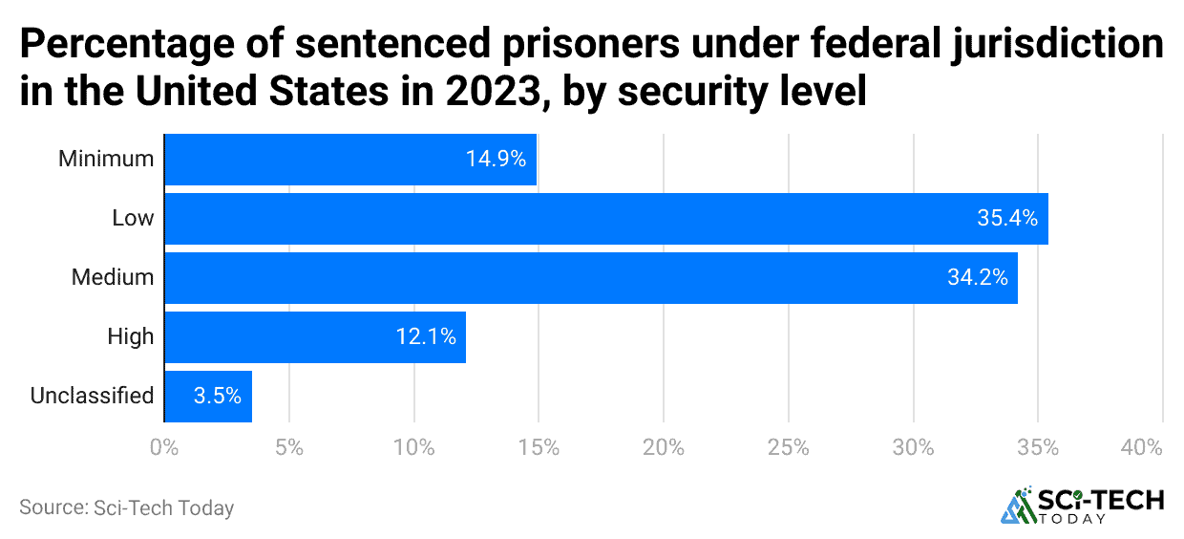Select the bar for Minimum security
(349, 160)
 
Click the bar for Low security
(605, 219)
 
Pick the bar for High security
(315, 337)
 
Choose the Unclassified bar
(208, 397)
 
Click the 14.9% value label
(496, 160)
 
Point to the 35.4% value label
(1006, 219)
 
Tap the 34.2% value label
(977, 278)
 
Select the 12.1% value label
(425, 337)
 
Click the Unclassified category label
(92, 396)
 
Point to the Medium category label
(112, 278)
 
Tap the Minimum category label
(105, 159)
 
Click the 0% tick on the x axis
(164, 447)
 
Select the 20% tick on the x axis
(664, 447)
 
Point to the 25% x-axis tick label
(788, 447)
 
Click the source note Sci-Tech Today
(126, 508)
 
